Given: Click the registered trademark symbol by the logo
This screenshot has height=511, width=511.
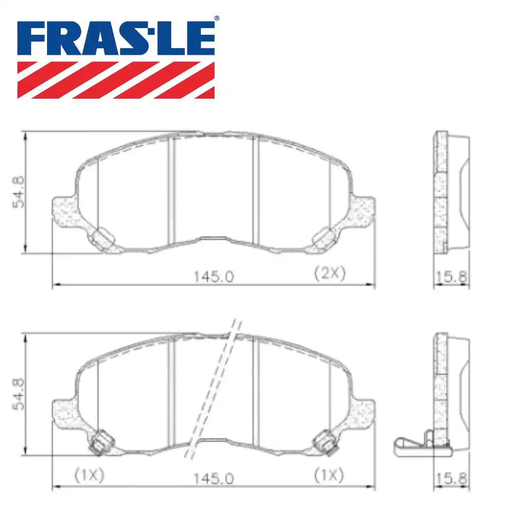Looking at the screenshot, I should [x=216, y=18].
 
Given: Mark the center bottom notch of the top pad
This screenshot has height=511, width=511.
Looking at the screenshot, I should [x=214, y=238].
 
